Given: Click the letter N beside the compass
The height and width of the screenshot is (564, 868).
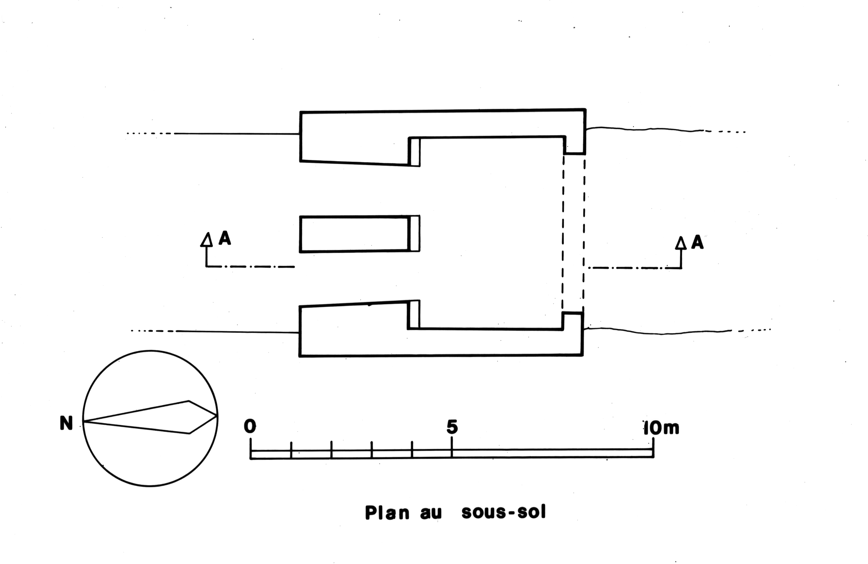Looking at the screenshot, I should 66,424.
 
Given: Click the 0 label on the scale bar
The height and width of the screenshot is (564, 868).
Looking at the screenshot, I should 250,426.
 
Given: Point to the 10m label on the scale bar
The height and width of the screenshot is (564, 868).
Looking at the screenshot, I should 661,428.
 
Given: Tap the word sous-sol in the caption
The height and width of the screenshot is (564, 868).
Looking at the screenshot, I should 504,512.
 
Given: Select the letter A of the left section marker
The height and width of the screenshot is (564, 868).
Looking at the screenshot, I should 225,239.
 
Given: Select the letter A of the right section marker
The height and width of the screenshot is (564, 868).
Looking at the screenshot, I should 697,242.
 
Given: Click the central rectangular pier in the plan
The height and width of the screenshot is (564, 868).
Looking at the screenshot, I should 354,234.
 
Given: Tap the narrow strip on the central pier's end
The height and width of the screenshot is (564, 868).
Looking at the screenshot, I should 415,234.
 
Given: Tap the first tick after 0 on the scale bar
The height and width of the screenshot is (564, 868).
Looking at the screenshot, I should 291,449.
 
